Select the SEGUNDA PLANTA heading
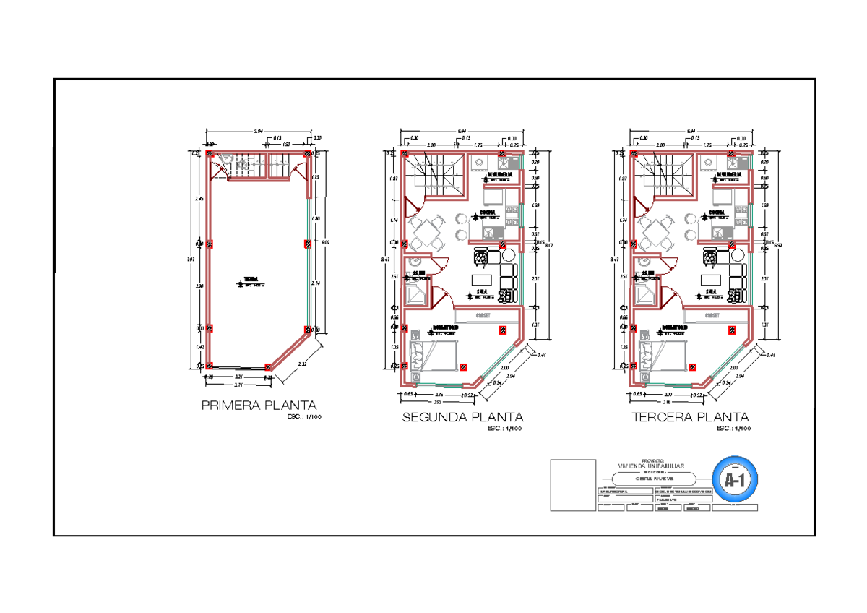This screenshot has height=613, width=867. [x=462, y=417]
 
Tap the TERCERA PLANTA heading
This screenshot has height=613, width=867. [x=690, y=417]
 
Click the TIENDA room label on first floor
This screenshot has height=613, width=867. [x=251, y=279]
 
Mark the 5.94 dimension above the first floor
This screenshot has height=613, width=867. [x=258, y=132]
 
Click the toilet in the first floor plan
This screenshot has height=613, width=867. [x=245, y=164]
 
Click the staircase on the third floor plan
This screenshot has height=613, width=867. [x=661, y=174]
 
